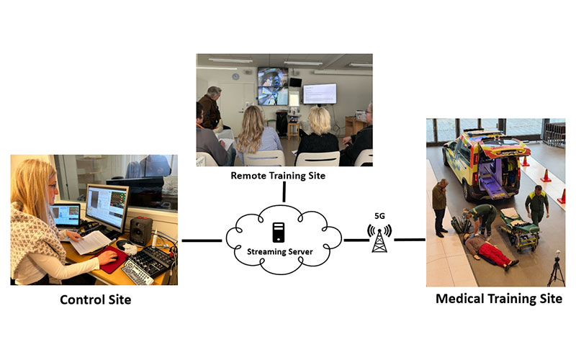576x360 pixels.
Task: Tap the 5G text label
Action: click(x=379, y=214)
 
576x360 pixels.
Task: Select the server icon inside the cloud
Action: click(x=278, y=233)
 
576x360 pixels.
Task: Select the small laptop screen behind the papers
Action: click(x=66, y=214)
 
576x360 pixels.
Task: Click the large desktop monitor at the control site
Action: click(x=106, y=206)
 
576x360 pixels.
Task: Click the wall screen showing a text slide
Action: click(x=319, y=93)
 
